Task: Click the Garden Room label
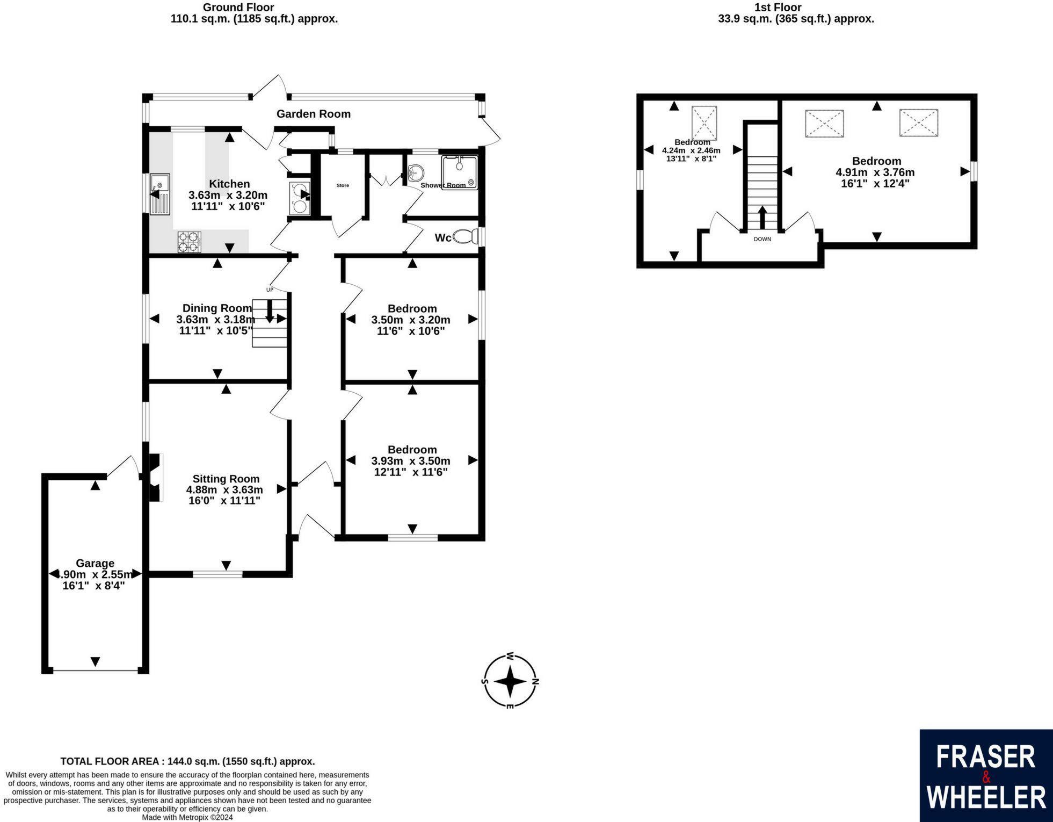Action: pos(313,114)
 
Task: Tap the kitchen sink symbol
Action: pos(160,194)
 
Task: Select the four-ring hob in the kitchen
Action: pos(189,241)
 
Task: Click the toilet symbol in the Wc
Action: pos(465,236)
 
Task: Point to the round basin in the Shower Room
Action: pos(415,172)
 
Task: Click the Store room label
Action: pos(343,185)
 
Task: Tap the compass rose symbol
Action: pos(510,681)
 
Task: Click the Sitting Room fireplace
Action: pos(155,478)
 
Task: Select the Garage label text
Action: pos(95,563)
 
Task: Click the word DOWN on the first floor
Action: pos(762,239)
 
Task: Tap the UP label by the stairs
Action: pos(270,290)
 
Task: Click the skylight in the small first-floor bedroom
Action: pos(704,123)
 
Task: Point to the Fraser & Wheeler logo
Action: pos(986,775)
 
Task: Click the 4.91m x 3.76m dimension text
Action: pos(875,172)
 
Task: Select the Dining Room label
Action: pos(217,308)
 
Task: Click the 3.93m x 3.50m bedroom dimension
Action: pos(411,461)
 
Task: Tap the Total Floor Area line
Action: pos(187,761)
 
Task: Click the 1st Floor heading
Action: pos(778,8)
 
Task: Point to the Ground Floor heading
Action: pos(238,8)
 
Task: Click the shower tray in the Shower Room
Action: pos(459,172)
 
